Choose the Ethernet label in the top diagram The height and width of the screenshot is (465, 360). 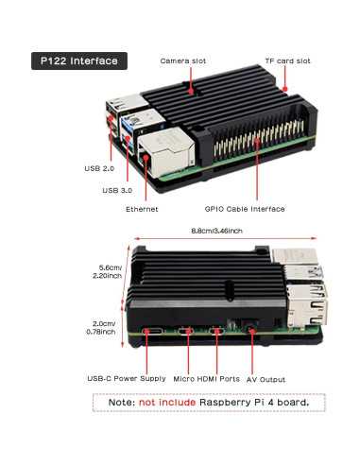click(142, 208)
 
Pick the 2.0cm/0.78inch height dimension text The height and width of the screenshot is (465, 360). click(101, 326)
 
